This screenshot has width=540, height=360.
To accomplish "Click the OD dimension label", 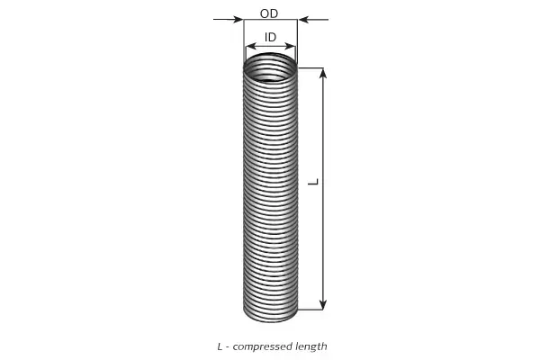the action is pos(269,13).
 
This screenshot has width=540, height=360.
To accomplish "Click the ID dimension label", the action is pos(270,37).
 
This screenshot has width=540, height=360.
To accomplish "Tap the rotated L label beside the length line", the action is pos(313,182).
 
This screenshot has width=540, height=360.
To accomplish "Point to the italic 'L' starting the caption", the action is pos(220,346).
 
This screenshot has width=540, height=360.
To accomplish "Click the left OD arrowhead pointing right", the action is pos(238,19).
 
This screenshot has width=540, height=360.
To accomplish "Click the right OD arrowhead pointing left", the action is pos(302,19).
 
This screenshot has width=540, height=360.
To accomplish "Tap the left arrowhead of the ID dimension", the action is pos(251,46).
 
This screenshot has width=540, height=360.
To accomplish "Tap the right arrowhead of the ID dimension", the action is pos(291,46).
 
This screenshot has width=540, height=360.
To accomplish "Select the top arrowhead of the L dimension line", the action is pos(323,74).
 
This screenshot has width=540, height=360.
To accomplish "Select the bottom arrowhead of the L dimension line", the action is pos(323,304).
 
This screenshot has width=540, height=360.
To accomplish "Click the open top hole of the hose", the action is pos(270,67).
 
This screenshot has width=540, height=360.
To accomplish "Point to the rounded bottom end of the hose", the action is pos(270,315).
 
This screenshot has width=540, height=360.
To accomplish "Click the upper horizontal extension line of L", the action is pos(310,67).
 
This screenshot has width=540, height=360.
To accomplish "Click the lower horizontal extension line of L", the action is pos(310,310).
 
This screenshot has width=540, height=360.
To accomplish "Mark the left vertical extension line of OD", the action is pos(244,42).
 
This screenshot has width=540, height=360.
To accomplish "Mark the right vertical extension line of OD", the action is pos(297,42).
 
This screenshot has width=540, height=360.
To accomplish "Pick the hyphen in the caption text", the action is pos(228,347).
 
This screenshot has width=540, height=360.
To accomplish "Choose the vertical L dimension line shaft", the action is pos(323,189).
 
